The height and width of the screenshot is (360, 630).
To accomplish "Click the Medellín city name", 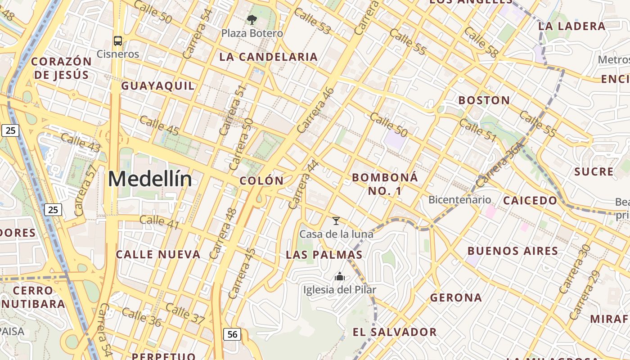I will pyautogui.click(x=150, y=179).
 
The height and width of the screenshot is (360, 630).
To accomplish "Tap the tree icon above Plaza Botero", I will pyautogui.click(x=252, y=19).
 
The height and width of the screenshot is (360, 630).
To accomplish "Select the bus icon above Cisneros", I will pyautogui.click(x=118, y=41).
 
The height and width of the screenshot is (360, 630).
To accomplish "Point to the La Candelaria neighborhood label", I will pyautogui.click(x=269, y=57).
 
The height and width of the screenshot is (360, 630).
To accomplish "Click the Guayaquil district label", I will pyautogui.click(x=158, y=85).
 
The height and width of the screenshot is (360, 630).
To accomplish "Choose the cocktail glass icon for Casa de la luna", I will pyautogui.click(x=336, y=220).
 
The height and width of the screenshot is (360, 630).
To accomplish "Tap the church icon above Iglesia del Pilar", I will pyautogui.click(x=340, y=276).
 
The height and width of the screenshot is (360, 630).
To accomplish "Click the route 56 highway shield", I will pyautogui.click(x=232, y=334).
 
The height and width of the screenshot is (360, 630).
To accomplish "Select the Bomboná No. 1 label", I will pyautogui.click(x=385, y=184).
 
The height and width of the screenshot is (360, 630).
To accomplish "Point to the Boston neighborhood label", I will pyautogui.click(x=484, y=100).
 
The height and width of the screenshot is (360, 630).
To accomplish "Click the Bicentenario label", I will pyautogui.click(x=459, y=199).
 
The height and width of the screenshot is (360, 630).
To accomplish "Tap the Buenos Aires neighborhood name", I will pyautogui.click(x=513, y=251).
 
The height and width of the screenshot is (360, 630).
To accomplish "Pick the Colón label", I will pyautogui.click(x=261, y=181).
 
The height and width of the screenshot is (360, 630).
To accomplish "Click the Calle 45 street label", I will pyautogui.click(x=159, y=126).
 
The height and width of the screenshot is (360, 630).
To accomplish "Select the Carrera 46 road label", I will pyautogui.click(x=316, y=110).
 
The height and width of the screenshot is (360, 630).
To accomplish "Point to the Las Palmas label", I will pyautogui.click(x=324, y=255).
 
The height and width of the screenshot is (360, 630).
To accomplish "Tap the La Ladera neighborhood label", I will pyautogui.click(x=572, y=26).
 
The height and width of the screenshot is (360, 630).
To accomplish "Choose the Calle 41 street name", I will pyautogui.click(x=159, y=222).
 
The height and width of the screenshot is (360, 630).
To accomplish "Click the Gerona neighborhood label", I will pyautogui.click(x=456, y=297).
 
